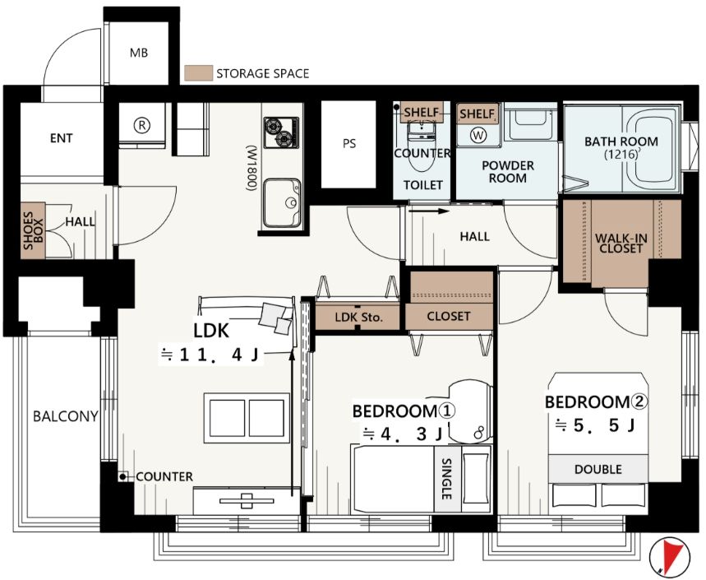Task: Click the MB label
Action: (139, 53)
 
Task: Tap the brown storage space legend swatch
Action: (198, 73)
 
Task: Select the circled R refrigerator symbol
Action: (142, 125)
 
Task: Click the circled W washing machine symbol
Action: (478, 134)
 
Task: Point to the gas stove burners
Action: (281, 132)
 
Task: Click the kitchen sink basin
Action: (282, 203)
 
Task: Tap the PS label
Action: (349, 144)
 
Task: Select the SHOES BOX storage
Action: (33, 230)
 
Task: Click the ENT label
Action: (62, 138)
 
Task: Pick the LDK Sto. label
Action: (358, 318)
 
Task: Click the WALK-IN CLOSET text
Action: (621, 243)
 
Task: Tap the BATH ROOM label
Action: (621, 142)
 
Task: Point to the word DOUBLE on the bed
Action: (598, 469)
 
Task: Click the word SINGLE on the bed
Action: (446, 479)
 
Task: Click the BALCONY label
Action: (66, 416)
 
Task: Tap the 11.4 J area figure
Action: (210, 355)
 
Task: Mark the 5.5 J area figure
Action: (596, 425)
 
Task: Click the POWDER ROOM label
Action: (508, 172)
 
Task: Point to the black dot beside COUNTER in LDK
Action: (122, 476)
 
